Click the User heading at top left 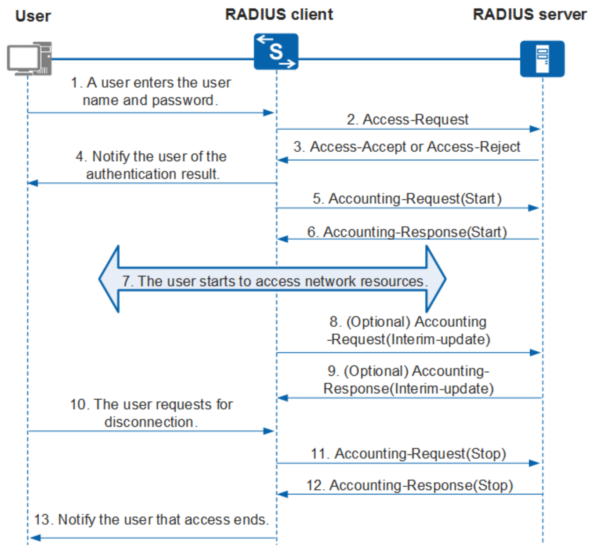[33, 16]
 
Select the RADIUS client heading [279, 15]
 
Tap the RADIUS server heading [529, 15]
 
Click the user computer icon [29, 58]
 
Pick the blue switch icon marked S [276, 52]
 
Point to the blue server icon [542, 59]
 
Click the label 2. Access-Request [407, 120]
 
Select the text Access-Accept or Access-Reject [415, 147]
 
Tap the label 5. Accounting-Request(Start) [407, 199]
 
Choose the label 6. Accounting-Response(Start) [407, 232]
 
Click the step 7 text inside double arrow [275, 281]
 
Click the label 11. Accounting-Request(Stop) [408, 454]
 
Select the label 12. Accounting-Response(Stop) [409, 485]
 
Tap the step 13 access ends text [151, 520]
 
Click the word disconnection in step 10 [148, 422]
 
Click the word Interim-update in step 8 [438, 339]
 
